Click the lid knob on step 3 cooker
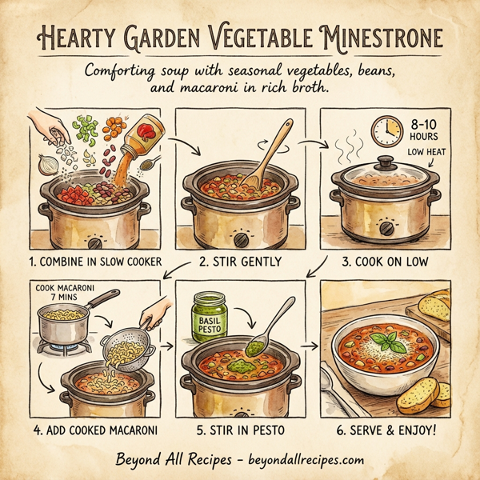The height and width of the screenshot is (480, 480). point(385,162)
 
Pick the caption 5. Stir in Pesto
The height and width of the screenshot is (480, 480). point(239,430)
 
